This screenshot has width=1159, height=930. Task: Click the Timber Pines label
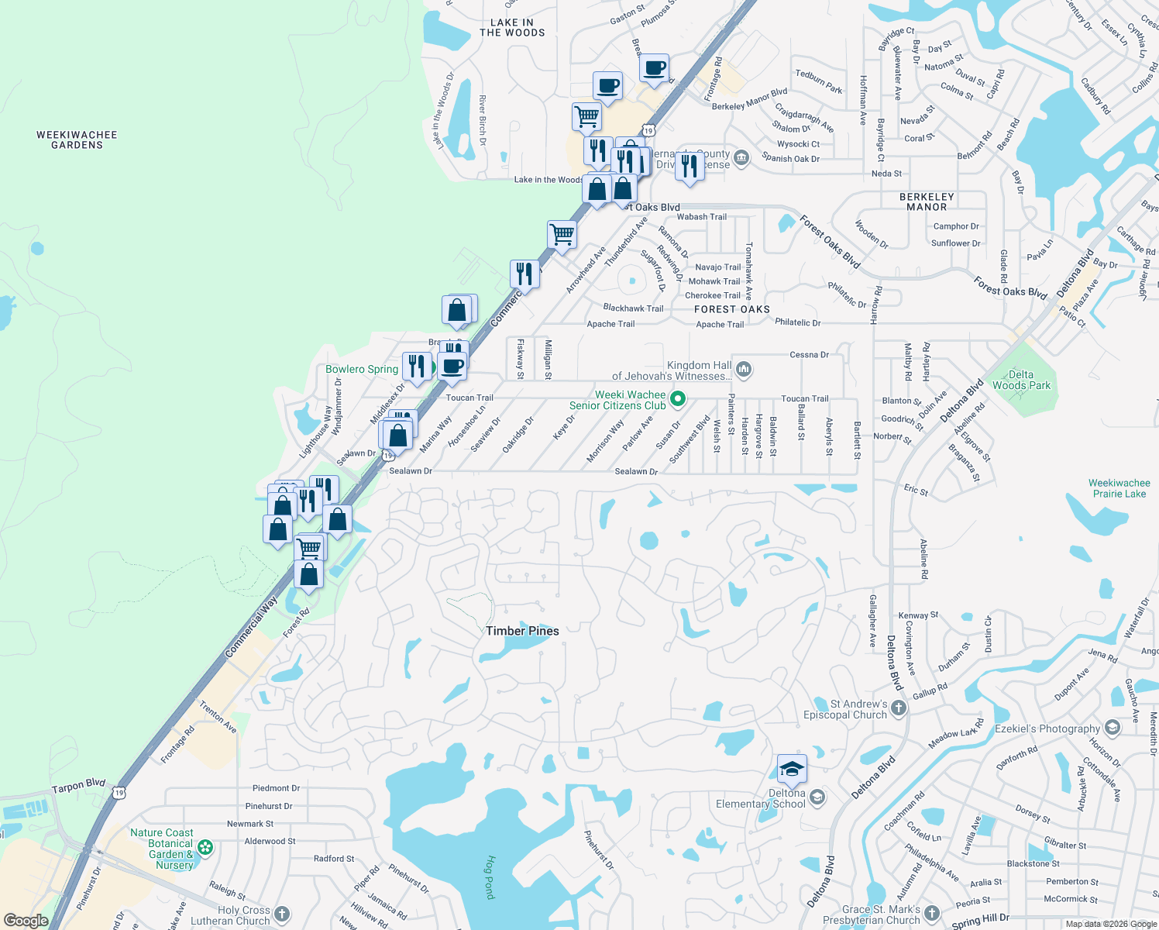coord(522,631)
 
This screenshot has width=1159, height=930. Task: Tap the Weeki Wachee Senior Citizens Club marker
coord(678,399)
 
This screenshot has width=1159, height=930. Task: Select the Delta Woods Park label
coord(1021,380)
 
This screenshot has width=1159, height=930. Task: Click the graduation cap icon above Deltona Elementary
coord(792,769)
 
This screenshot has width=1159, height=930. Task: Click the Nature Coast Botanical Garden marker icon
coord(205,847)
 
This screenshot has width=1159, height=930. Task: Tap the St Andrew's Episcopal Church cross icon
coord(898,708)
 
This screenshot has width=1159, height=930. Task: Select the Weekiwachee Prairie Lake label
coord(1119,488)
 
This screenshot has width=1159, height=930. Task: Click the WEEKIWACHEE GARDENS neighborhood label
coord(77,139)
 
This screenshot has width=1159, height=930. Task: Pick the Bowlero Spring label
coord(362,369)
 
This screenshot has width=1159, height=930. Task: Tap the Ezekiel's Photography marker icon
coord(1113,728)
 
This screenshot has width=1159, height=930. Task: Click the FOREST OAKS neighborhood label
coord(732,309)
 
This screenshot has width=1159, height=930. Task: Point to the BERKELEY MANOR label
coord(927,201)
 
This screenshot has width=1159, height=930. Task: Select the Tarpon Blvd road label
coord(78,786)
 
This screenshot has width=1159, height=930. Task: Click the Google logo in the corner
coord(26,921)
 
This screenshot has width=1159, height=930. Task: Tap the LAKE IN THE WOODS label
coord(512,28)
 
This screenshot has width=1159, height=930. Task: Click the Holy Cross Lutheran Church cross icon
coord(282,914)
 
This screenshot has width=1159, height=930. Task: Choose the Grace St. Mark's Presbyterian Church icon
coord(932,914)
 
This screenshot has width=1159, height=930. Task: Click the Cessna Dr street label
coord(809,355)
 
